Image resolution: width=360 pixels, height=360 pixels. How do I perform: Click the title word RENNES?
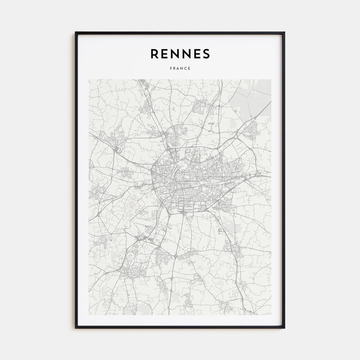coord(180,53)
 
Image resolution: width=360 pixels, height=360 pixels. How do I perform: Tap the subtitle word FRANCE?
coord(180,68)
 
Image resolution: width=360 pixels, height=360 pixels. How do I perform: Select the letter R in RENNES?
coord(154,53)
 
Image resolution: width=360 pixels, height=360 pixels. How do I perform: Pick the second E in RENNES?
coord(196,53)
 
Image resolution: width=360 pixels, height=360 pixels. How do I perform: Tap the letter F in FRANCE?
coord(171,68)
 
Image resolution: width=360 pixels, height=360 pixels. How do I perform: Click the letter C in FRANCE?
coord(186,68)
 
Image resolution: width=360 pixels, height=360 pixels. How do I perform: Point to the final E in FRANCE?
coord(189,68)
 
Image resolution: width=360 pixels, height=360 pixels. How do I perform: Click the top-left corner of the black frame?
coord(76,32)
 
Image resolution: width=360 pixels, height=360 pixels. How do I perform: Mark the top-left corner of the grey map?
coord(89,80)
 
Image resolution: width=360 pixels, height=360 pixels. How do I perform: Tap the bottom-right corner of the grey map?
coord(271,315)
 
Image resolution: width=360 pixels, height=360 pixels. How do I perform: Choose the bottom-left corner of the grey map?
coord(89,315)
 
